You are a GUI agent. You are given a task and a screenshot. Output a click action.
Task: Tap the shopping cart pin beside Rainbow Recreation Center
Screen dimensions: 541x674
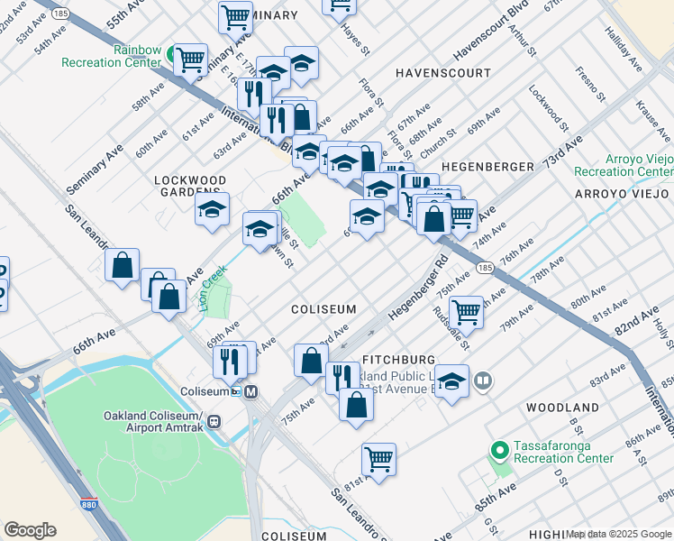tap(190, 60)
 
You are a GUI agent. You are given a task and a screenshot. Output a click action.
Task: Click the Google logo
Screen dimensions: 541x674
tap(30, 530)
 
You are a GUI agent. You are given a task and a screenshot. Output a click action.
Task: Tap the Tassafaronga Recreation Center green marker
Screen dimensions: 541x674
tap(497, 449)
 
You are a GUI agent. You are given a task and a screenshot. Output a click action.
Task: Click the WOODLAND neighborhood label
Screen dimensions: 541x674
tap(562, 408)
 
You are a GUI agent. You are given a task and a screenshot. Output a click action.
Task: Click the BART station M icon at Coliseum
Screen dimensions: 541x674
tap(250, 391)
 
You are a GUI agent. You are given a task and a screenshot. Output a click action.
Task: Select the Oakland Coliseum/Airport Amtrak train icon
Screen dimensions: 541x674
tap(214, 421)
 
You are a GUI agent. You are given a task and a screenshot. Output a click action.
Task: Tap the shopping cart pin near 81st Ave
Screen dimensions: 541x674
tap(379, 460)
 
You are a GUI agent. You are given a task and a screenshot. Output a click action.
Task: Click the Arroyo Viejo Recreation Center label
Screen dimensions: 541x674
tap(624, 165)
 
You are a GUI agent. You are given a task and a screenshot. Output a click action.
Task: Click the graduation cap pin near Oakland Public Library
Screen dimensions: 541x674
tap(451, 381)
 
